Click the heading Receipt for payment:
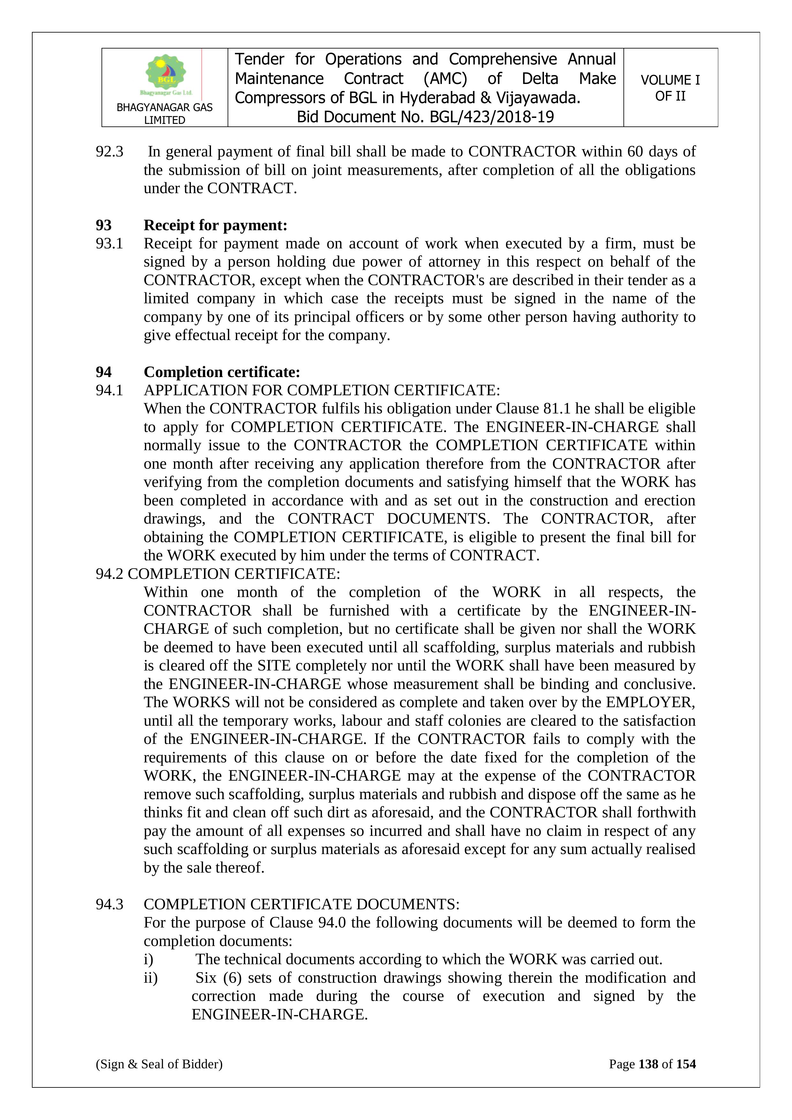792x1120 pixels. click(x=215, y=225)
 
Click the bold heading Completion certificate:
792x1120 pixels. click(x=222, y=372)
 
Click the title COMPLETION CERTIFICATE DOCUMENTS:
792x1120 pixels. click(x=301, y=904)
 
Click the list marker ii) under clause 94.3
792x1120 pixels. click(x=150, y=978)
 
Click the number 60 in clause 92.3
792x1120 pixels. click(x=635, y=152)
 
